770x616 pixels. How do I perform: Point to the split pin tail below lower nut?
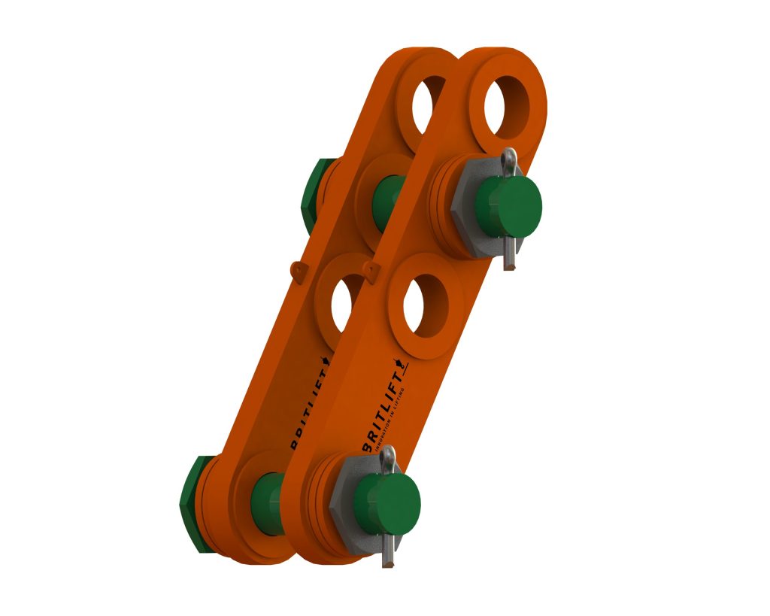pos(387,555)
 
